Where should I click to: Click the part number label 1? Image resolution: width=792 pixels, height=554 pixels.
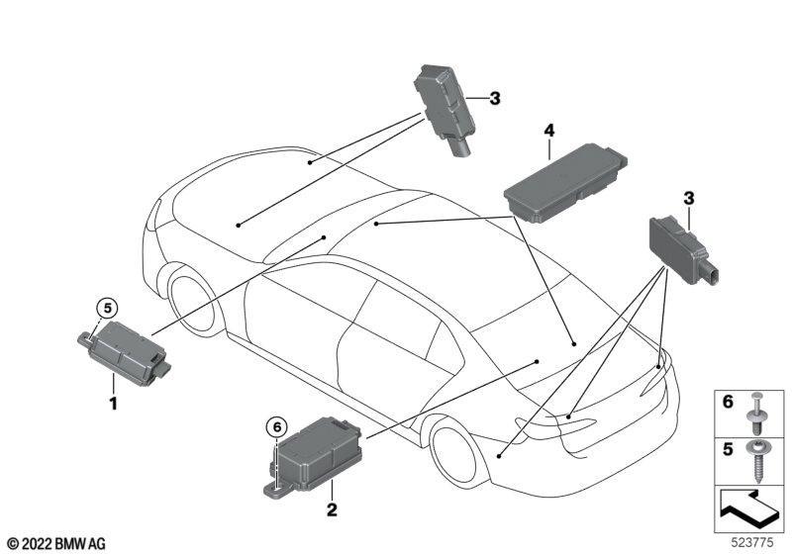(114, 404)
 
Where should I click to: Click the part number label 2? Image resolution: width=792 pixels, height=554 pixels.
(332, 509)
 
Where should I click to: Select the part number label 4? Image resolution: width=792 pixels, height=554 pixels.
(549, 131)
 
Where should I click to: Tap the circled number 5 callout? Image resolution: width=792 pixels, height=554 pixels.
(107, 307)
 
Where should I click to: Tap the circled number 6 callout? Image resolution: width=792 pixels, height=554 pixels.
(276, 427)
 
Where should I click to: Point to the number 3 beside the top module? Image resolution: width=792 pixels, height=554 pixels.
(494, 98)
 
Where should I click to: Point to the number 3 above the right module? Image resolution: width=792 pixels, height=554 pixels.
(689, 198)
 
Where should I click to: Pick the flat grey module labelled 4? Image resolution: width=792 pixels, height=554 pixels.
(565, 183)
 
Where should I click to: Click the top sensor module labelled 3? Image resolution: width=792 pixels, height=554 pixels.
(444, 110)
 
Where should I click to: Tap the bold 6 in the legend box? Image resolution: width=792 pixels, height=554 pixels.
(728, 402)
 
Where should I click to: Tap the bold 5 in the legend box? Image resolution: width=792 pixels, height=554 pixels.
(728, 449)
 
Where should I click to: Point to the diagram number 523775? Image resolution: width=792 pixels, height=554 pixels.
(752, 542)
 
